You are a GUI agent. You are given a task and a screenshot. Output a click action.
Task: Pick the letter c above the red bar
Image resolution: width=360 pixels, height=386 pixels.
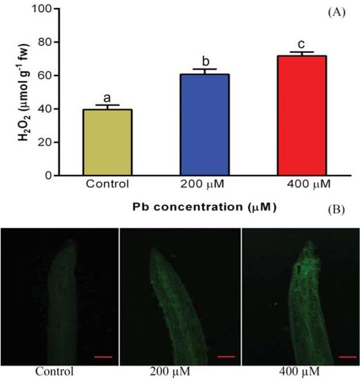(x=301, y=44)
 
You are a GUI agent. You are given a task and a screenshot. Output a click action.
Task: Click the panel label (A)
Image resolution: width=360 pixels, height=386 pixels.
(x=336, y=12)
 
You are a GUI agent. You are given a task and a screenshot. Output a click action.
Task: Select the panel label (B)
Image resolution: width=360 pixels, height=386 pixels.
(x=336, y=209)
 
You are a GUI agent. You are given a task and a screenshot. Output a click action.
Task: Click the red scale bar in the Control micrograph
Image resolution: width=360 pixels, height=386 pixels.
(x=102, y=357)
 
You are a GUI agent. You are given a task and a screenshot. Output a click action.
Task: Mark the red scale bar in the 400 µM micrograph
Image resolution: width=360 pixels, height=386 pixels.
(x=347, y=357)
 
